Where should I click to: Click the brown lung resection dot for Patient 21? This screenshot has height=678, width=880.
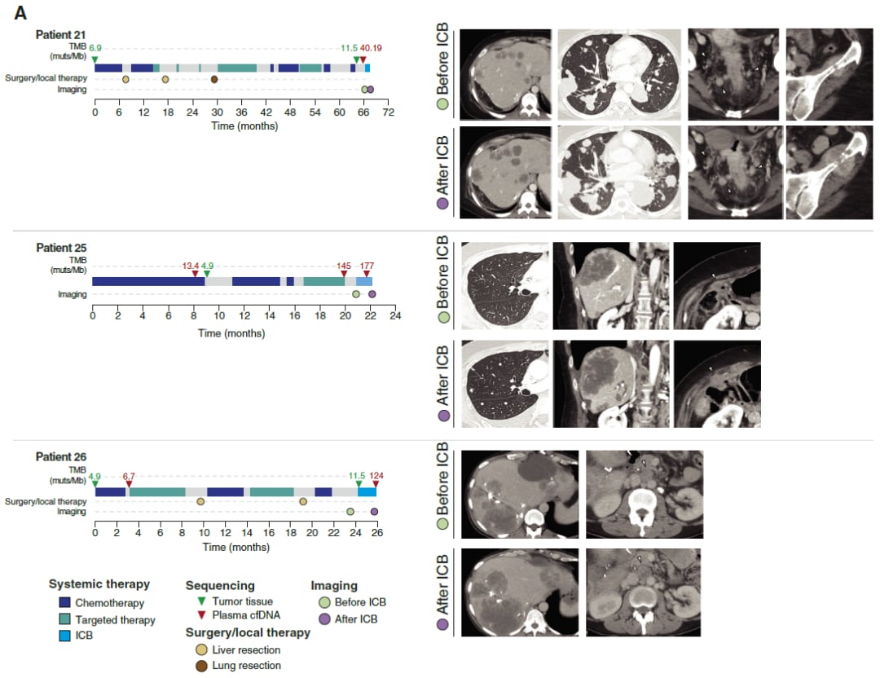214,79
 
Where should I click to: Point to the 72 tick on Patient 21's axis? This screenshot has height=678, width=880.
389,112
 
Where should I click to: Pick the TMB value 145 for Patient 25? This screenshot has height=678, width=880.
343,265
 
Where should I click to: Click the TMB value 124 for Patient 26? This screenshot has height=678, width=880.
376,475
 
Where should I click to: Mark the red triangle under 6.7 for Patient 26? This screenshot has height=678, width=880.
129,485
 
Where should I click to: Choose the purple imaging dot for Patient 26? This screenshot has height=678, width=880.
374,512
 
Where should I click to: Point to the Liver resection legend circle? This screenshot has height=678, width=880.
200,649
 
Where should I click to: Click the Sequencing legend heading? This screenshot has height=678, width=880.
220,585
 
